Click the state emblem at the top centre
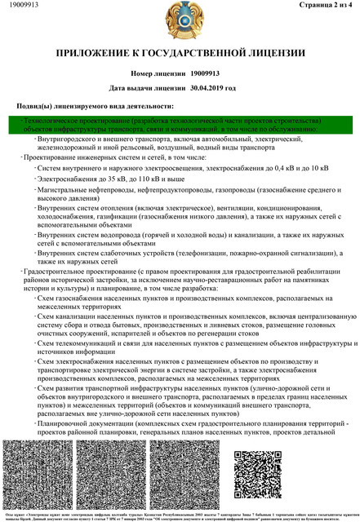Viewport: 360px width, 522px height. (180, 23)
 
